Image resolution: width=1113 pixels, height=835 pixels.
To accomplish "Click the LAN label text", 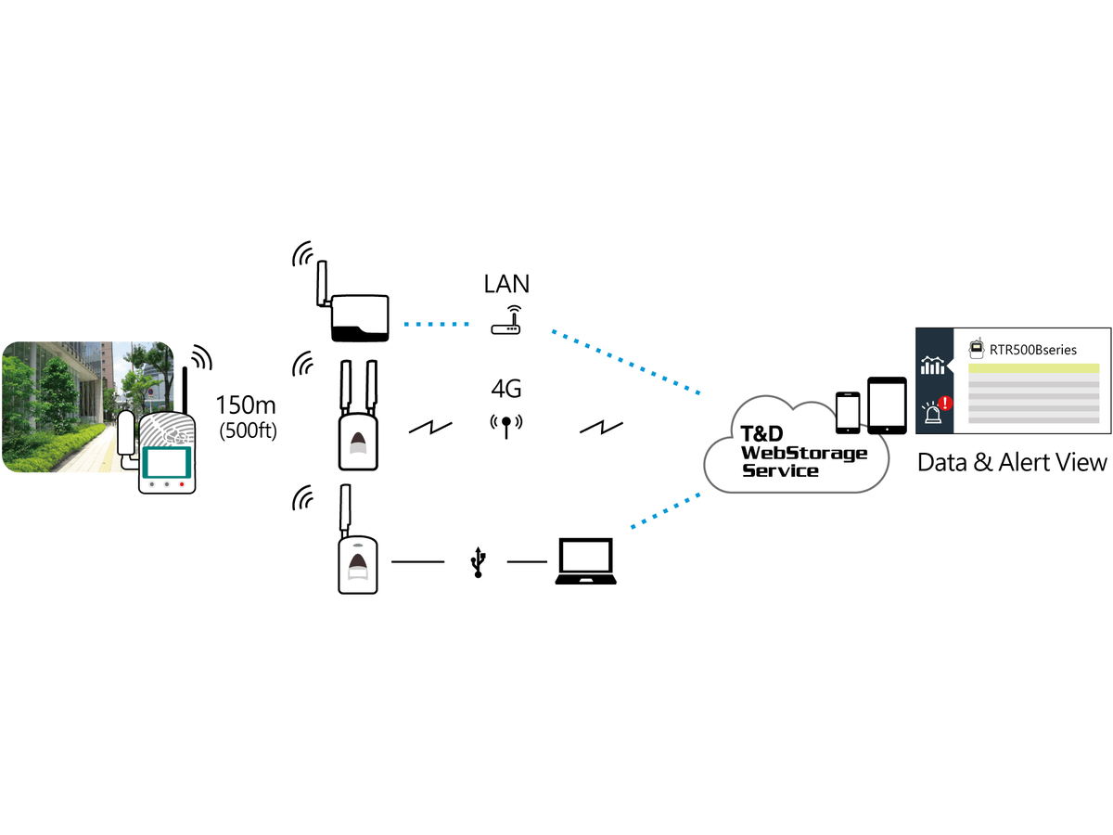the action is (x=506, y=284).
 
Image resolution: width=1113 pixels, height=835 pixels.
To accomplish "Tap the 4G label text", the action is (x=506, y=389).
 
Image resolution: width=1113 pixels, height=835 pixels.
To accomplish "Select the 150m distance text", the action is (x=246, y=405).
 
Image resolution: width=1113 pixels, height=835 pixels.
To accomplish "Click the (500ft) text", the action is (x=248, y=430).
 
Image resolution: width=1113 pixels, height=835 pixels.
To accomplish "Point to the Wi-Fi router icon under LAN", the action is (x=506, y=320).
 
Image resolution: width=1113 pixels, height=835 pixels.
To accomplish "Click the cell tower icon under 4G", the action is (x=506, y=426).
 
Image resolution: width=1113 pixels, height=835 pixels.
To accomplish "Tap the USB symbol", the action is (x=478, y=562).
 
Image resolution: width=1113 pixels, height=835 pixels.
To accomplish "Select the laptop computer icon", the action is (x=585, y=561).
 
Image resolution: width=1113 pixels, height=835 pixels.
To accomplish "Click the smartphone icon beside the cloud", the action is (x=848, y=413).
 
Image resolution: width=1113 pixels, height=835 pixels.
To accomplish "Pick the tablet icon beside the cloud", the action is (x=887, y=405).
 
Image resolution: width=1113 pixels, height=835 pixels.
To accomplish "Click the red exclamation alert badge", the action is (x=945, y=403).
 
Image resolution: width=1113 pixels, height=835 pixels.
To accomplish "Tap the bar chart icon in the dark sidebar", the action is (x=932, y=365).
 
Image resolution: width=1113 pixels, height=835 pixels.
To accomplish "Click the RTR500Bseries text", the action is (x=1033, y=350).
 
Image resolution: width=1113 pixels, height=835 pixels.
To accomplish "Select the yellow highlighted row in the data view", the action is (x=1034, y=368).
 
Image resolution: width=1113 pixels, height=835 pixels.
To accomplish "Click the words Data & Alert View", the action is (x=1012, y=462).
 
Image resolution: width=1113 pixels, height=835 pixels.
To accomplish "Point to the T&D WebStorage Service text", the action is (x=803, y=452).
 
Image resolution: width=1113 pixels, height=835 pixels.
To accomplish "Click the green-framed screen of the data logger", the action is (x=167, y=462).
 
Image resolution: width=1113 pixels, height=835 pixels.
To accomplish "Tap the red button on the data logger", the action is (x=182, y=484).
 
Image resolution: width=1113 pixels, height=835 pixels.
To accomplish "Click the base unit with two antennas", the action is (x=358, y=416).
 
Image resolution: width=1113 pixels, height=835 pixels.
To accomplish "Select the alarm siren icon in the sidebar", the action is (x=932, y=413).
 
